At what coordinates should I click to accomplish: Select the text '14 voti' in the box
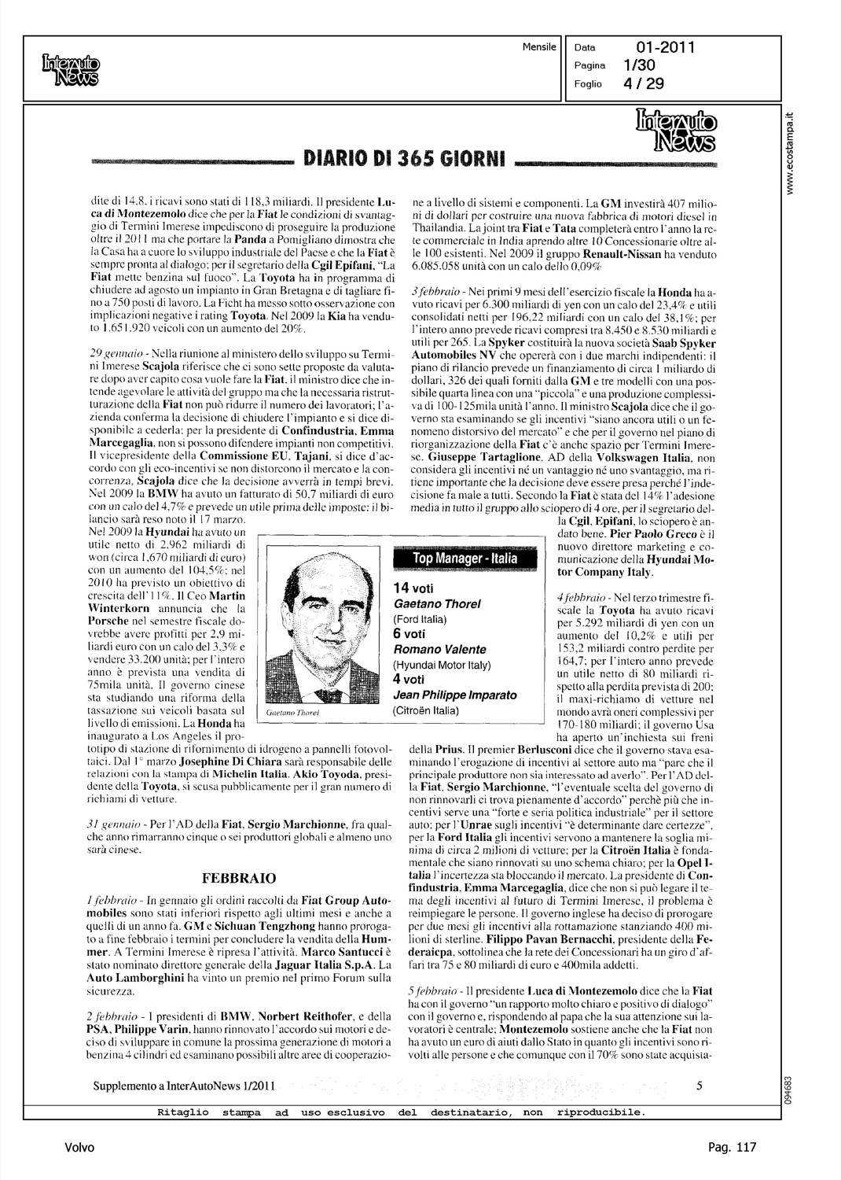413,588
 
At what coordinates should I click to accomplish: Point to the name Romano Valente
440,649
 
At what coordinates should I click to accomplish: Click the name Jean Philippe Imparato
455,695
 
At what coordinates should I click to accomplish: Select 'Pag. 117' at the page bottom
731,1148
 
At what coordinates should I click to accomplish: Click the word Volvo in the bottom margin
80,1148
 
